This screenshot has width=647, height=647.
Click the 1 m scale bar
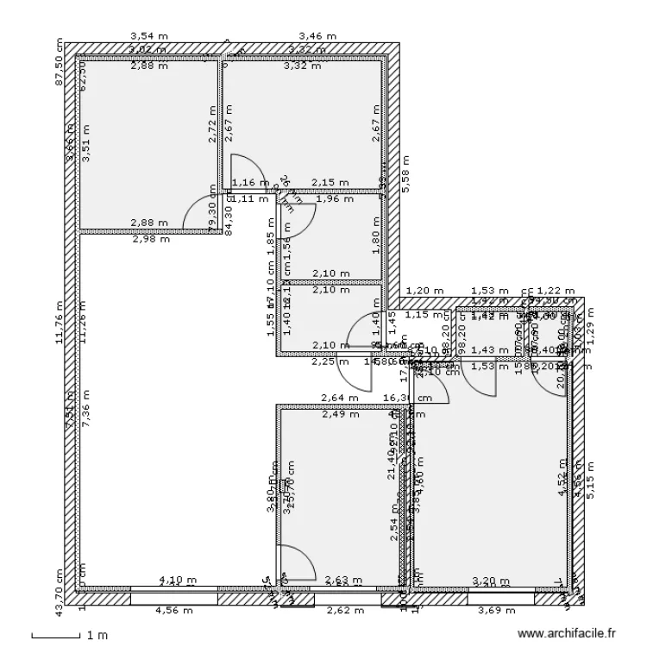click(x=60, y=636)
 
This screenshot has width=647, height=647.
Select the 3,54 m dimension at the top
click(x=148, y=36)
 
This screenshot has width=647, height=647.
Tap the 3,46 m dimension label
click(x=317, y=36)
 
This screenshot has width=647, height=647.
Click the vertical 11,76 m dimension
click(x=60, y=322)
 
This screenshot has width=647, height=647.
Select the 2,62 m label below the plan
click(x=345, y=610)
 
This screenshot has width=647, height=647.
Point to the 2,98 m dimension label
click(x=151, y=239)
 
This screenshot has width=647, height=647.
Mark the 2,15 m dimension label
click(x=330, y=183)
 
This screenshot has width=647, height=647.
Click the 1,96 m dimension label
click(x=336, y=199)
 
